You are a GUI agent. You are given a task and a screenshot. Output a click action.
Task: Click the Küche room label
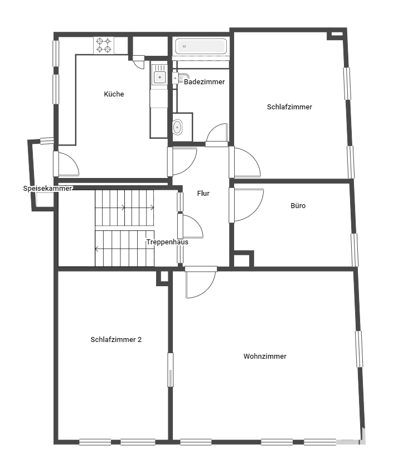114,94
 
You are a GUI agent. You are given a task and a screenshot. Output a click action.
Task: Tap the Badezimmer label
204,81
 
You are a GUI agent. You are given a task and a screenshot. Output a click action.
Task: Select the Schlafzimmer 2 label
116,340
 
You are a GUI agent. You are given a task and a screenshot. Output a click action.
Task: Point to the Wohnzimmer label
265,356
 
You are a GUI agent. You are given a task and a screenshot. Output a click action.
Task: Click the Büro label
298,206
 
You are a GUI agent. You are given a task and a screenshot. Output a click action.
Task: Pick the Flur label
203,193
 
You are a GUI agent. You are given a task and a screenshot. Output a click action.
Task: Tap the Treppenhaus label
167,242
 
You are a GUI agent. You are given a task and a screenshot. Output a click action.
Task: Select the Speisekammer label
47,189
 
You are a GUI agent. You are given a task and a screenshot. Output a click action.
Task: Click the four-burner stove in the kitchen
104,45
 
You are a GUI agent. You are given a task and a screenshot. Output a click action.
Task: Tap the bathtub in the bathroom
201,46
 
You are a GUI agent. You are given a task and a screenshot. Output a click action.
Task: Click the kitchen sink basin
159,78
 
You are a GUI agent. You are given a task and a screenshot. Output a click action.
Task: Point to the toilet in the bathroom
177,127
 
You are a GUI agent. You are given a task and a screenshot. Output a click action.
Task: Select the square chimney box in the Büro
243,258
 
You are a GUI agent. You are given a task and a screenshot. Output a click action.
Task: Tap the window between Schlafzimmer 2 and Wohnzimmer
171,370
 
